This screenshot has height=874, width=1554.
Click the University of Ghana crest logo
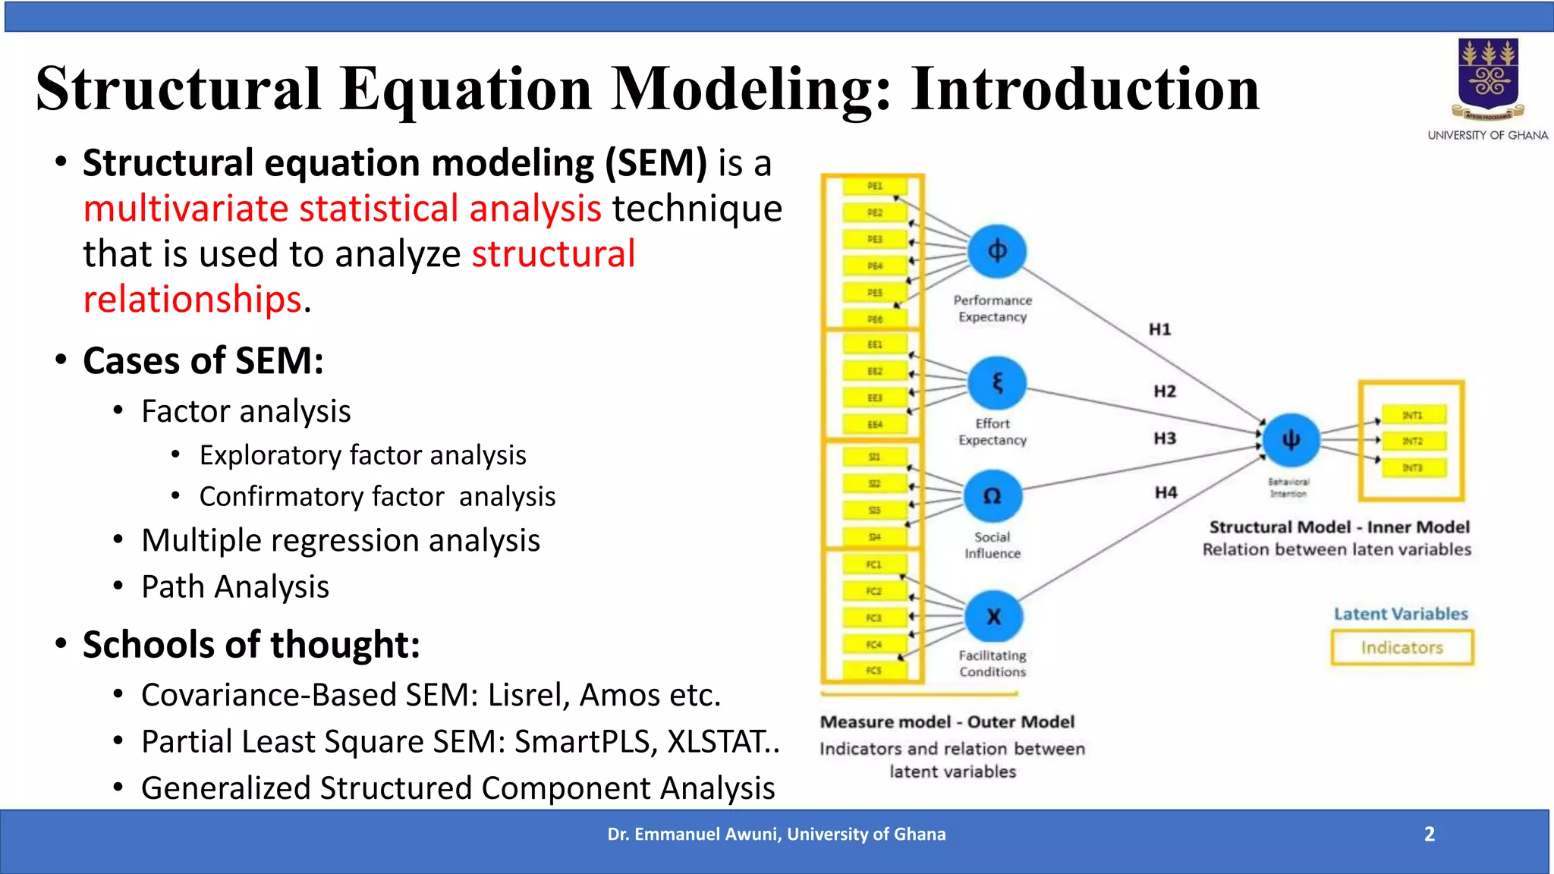[1488, 80]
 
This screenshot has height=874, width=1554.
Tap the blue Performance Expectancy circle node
[997, 251]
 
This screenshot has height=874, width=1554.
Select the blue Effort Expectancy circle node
[997, 383]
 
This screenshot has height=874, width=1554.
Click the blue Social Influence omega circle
[992, 496]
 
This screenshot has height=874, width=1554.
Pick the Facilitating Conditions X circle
[993, 617]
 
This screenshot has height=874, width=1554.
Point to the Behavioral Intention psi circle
[1291, 440]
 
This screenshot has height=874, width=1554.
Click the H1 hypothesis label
[1159, 329]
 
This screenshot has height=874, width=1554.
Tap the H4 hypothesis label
[1165, 492]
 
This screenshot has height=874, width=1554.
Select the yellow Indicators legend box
[1401, 648]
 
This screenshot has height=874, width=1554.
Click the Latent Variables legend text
[1401, 614]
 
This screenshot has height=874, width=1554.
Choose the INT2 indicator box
[1413, 441]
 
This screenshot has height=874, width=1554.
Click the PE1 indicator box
[875, 186]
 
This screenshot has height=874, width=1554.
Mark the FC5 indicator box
[874, 671]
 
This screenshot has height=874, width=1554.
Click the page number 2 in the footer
[1429, 834]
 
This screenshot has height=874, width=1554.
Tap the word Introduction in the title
[1085, 89]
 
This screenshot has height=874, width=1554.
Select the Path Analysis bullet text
[235, 586]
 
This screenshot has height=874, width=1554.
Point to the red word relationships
[193, 299]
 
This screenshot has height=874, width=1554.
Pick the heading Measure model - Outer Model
[947, 722]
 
